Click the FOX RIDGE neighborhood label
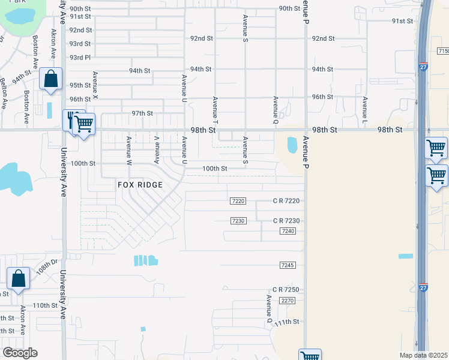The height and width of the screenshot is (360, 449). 140,185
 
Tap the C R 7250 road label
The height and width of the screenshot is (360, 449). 286,290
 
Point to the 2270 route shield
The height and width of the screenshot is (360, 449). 288,301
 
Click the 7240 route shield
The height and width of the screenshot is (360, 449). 288,231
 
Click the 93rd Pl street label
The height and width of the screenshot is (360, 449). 80,58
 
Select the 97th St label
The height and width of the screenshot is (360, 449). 143,113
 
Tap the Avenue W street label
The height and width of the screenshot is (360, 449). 128,149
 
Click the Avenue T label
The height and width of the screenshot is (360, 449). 214,107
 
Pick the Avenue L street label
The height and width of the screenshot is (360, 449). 364,106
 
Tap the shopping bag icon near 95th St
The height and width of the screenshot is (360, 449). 51,79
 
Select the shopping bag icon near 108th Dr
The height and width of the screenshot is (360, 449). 18,278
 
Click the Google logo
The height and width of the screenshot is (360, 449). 20,353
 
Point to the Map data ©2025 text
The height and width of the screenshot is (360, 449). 423,355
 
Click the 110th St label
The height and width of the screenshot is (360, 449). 44,305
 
